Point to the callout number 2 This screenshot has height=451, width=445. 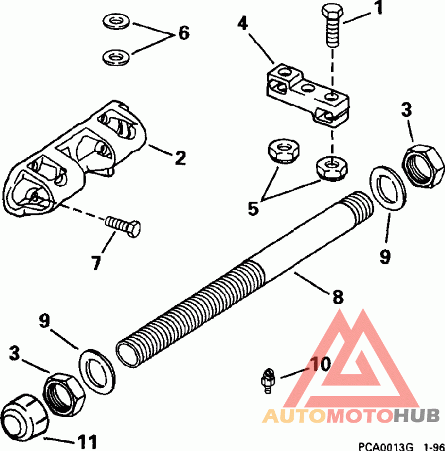(x=179, y=157)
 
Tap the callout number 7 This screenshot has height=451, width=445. (x=97, y=261)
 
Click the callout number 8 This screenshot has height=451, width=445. (x=338, y=297)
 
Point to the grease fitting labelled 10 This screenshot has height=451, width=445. (x=268, y=381)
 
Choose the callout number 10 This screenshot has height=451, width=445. (x=320, y=365)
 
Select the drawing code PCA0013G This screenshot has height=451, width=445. (x=386, y=446)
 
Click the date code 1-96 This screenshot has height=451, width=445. (x=433, y=446)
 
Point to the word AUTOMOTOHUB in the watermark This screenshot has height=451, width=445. (x=351, y=415)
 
